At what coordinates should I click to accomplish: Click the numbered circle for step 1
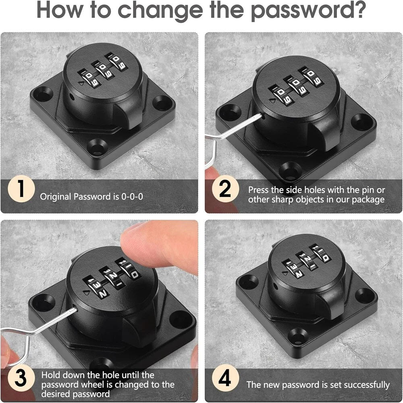(21, 189)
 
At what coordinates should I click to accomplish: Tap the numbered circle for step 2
(225, 189)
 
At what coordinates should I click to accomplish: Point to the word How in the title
(60, 10)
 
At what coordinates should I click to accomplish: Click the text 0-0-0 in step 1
(132, 197)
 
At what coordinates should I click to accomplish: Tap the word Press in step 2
(259, 190)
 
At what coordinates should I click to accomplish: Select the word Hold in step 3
(51, 375)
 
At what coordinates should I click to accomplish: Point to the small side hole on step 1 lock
(72, 98)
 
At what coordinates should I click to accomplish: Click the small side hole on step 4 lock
(275, 286)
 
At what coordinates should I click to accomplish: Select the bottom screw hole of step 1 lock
(97, 147)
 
